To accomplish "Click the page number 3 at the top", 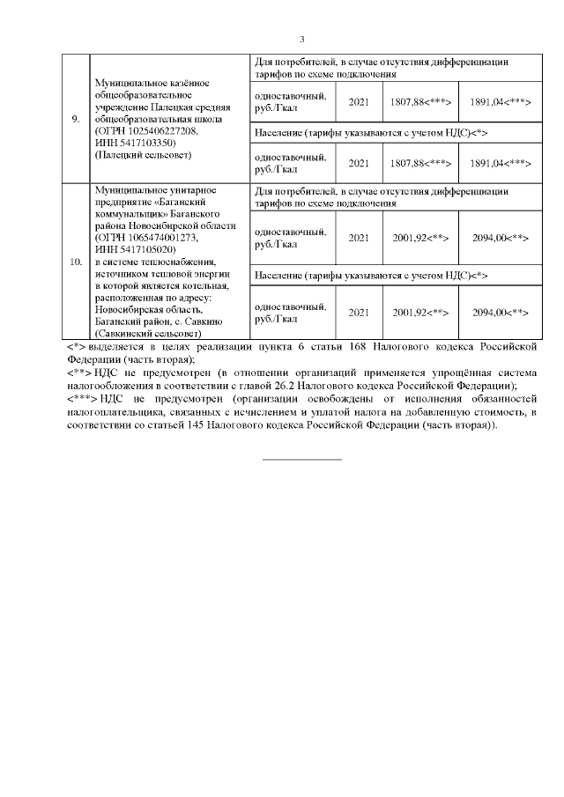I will (302, 39).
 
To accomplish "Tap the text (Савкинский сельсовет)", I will (146, 333).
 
